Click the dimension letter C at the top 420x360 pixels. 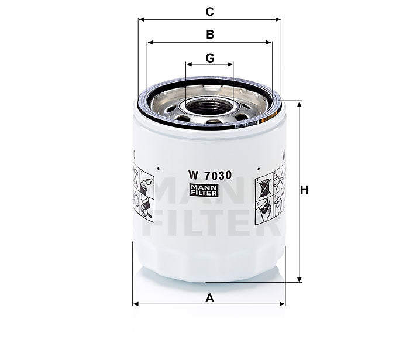click(210, 11)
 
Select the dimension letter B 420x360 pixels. click(210, 35)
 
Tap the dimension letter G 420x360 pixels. click(210, 58)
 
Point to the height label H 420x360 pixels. click(304, 190)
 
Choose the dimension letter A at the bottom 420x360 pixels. click(210, 298)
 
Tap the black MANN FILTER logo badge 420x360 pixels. click(204, 190)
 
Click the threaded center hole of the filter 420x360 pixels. click(209, 108)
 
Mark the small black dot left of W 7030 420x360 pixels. click(160, 164)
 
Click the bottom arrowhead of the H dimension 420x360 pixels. click(299, 280)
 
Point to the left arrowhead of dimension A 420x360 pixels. click(136, 304)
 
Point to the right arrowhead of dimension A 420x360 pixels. click(284, 304)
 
